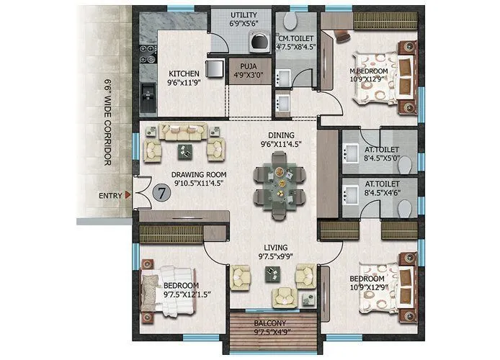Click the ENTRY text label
point(110,195)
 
